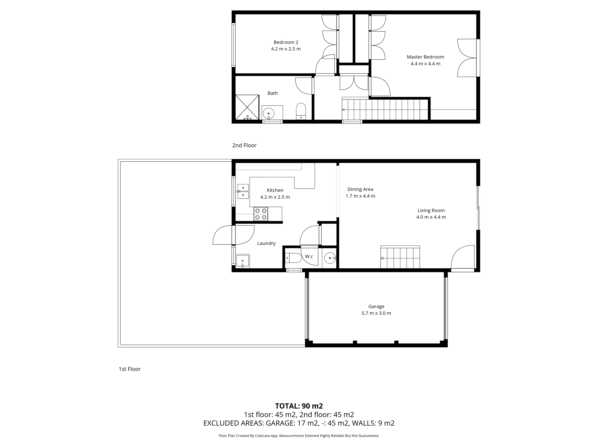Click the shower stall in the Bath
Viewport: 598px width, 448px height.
click(x=247, y=107)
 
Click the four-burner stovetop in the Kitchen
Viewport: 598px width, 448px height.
click(x=261, y=214)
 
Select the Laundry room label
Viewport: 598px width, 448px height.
click(x=266, y=243)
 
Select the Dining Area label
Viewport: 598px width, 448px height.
click(x=360, y=189)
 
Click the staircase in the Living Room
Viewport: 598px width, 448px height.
click(x=400, y=257)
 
